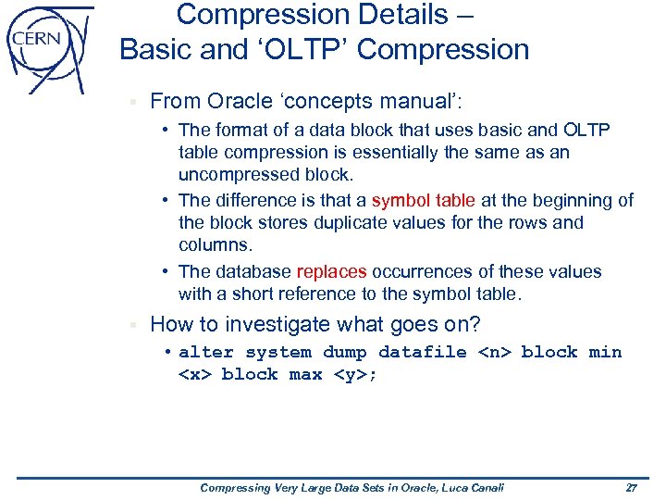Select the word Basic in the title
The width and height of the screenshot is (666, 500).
[x=160, y=49]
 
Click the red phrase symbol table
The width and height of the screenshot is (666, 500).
[x=424, y=200]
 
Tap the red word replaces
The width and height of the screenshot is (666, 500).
[x=331, y=272]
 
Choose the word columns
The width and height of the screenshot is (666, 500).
[x=215, y=245]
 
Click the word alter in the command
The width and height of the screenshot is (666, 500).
[x=205, y=352]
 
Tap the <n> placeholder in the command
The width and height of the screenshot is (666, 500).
[x=494, y=352]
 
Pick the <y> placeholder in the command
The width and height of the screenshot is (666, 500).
[x=350, y=374]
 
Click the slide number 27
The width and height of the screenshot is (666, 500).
[x=632, y=487]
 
